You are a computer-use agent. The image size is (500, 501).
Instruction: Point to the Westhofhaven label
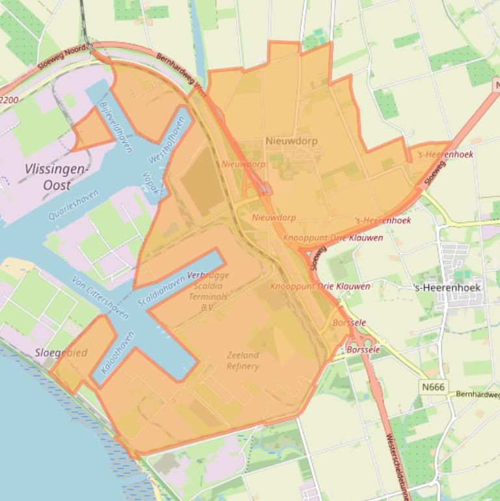(168, 139)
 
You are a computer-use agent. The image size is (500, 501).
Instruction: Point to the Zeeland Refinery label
(243, 360)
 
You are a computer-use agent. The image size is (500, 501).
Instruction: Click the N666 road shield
(433, 387)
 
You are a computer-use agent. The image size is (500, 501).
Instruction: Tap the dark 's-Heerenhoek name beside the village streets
(447, 287)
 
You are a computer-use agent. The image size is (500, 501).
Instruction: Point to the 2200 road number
(9, 100)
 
